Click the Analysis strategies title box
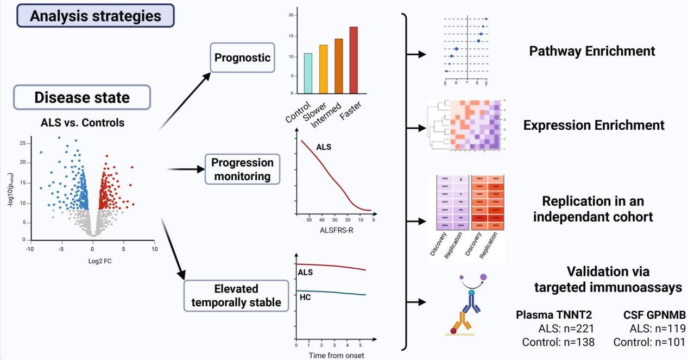(96, 16)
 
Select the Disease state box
(82, 97)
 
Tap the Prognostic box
(242, 58)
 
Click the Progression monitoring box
(242, 169)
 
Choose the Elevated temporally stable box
(236, 295)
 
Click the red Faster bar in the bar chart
(354, 60)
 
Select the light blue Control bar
(308, 73)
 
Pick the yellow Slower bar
(323, 69)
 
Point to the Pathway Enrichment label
(592, 51)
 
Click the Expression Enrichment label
(594, 125)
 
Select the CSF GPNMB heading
(654, 315)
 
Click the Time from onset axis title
(336, 356)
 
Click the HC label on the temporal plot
(305, 297)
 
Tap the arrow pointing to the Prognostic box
(185, 101)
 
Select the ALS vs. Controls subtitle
(83, 123)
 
